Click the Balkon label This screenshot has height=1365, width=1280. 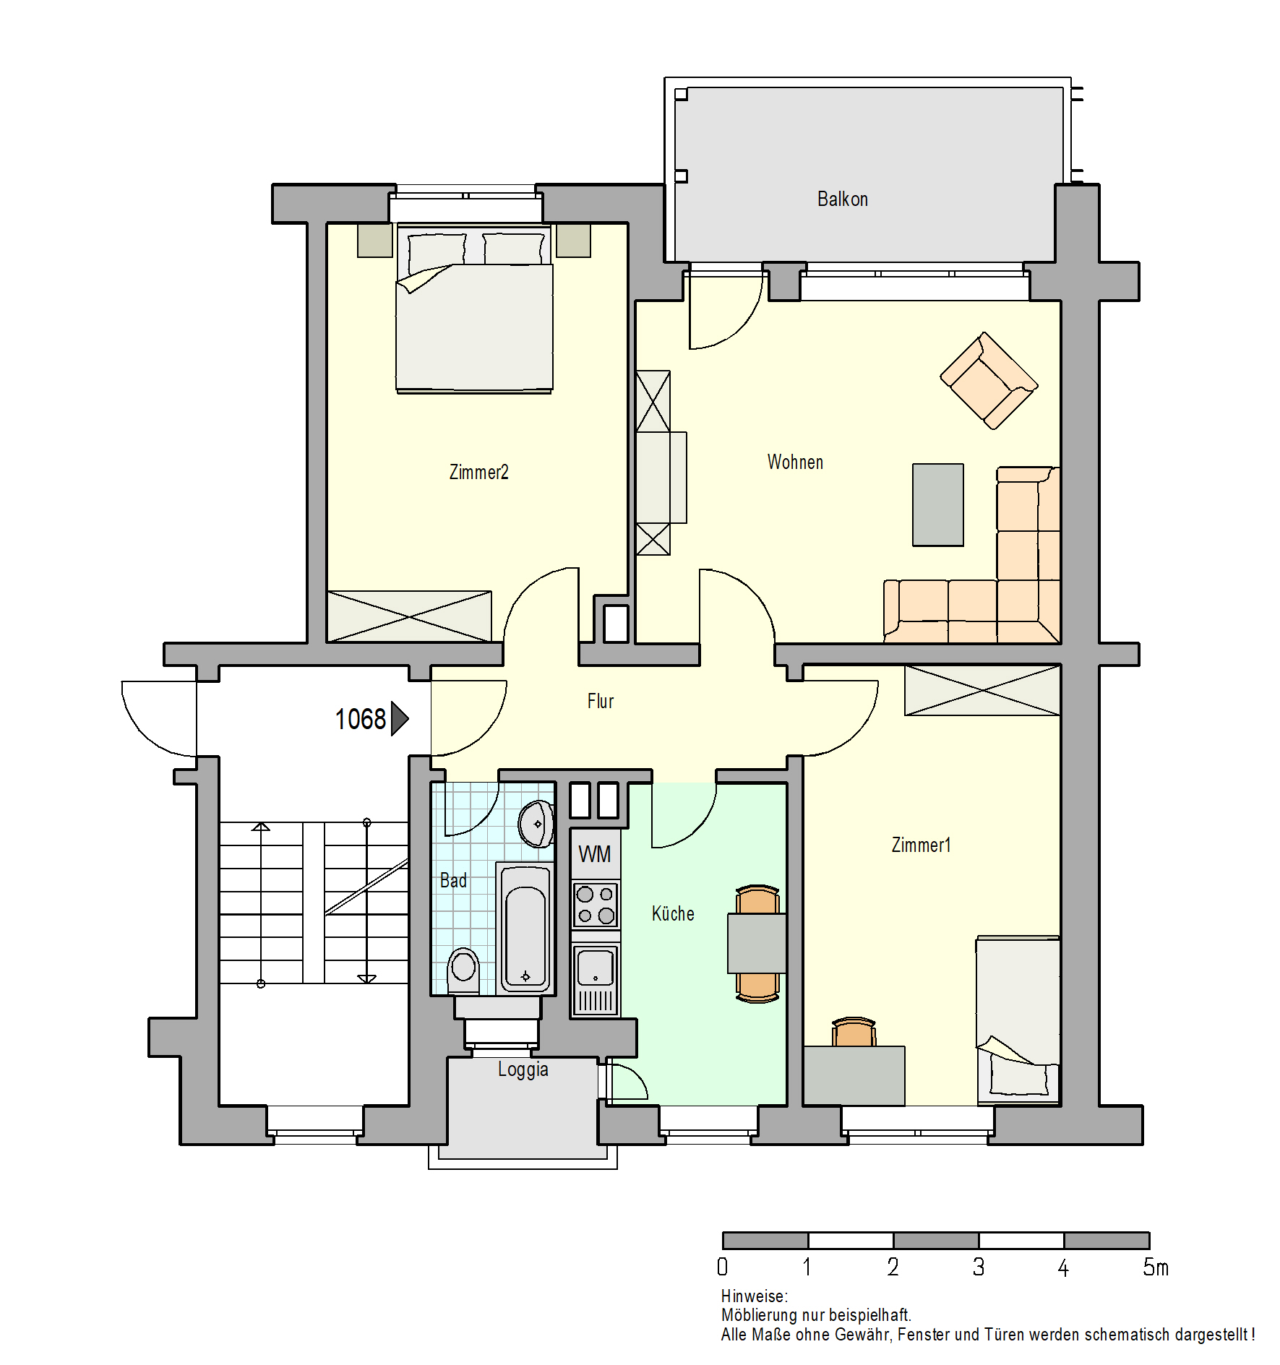point(842,199)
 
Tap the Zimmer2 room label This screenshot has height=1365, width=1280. point(478,472)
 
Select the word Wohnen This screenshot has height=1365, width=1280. point(795,462)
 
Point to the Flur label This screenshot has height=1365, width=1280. point(600,701)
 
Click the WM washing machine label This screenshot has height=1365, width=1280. point(595,854)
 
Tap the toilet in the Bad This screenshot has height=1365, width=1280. point(463,970)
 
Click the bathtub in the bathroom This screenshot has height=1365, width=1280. point(525,928)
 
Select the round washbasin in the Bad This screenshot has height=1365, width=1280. point(536,824)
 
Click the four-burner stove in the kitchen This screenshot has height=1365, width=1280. point(596,905)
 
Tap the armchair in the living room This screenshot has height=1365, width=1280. point(988,381)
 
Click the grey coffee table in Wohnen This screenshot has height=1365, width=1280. point(937,504)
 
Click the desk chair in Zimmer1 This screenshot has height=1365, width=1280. point(854,1032)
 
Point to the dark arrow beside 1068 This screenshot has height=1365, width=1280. point(400,718)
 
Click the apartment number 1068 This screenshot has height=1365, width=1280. point(360,719)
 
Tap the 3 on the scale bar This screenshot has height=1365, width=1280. point(978,1267)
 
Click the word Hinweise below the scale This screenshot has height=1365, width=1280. point(754,1296)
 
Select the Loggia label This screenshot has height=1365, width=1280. point(523,1069)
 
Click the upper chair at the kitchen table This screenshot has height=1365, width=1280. point(757,900)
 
